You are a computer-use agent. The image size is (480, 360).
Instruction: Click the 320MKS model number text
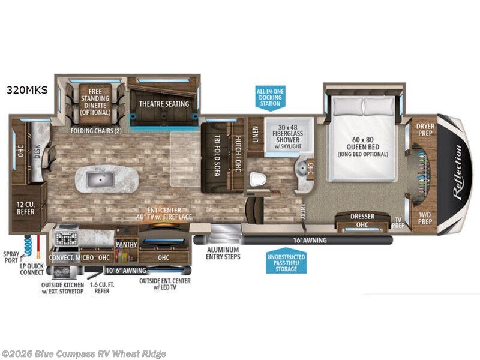27,91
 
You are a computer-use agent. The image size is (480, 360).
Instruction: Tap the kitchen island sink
96,178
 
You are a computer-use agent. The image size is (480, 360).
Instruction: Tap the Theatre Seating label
164,104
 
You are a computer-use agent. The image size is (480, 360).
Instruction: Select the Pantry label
127,244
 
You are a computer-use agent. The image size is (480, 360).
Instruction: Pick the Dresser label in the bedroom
362,216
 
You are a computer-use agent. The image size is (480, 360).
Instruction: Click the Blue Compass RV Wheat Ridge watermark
84,353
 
